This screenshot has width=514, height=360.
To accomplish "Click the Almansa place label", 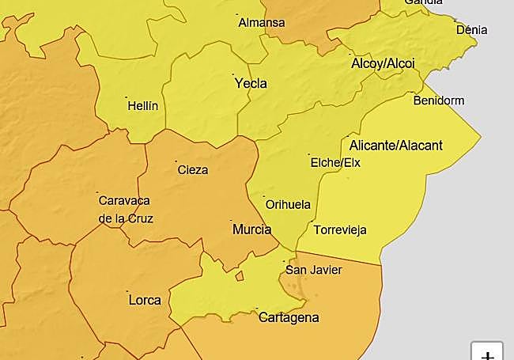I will coord(261,22).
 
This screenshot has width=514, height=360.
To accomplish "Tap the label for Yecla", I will coord(251,83).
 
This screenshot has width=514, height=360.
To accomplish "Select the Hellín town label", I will coord(143,105).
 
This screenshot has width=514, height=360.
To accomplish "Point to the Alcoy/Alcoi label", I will coord(382,63).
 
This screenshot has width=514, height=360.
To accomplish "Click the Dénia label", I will coord(471,30).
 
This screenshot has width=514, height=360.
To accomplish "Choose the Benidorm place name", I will coord(438,100).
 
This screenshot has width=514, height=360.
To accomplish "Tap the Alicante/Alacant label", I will coord(395,145).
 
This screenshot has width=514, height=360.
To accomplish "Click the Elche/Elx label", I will coord(335,163).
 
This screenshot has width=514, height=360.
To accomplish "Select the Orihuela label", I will coord(287,204).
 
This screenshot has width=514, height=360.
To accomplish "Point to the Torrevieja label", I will coord(340,230).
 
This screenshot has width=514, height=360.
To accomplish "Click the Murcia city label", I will coord(251,229).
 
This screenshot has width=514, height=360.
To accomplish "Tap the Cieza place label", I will coord(193,169).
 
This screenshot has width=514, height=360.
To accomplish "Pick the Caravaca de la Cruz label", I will coord(125,210).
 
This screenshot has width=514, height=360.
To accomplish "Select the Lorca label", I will coord(144,300).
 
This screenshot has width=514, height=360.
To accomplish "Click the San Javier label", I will coord(313,270).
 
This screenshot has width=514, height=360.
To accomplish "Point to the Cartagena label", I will coord(289,317).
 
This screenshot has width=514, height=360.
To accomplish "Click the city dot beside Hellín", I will coord(127,98).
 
